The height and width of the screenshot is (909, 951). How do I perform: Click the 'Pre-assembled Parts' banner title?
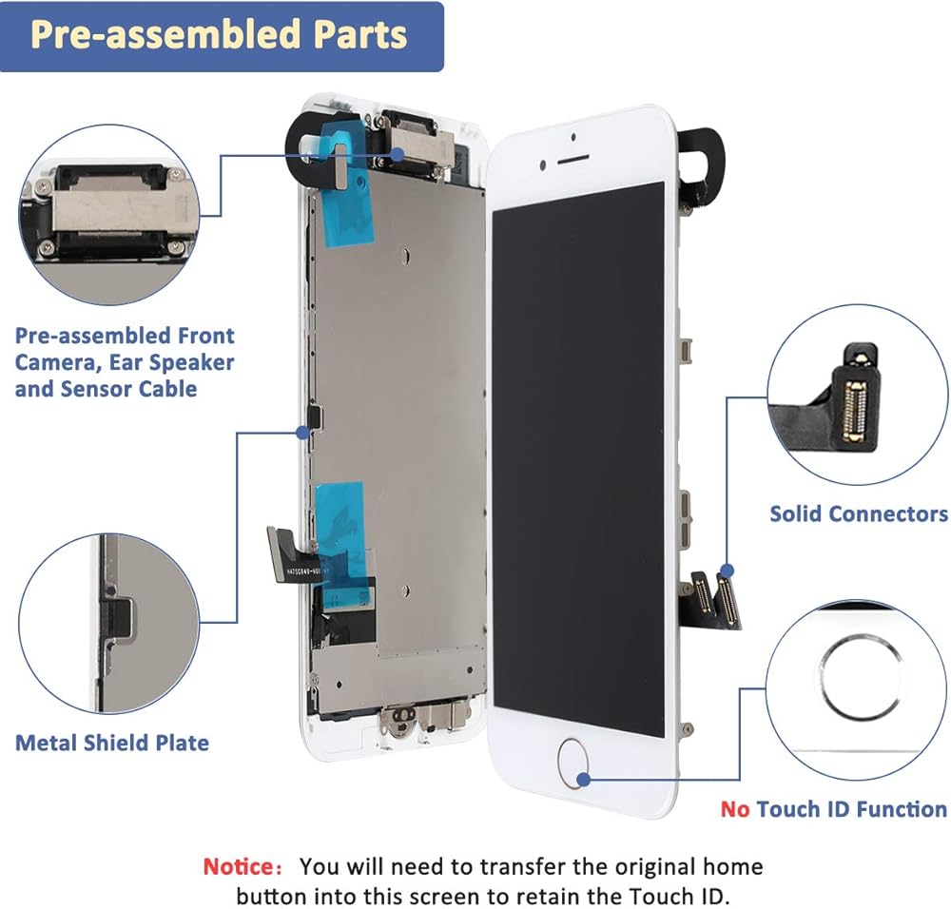point(219,34)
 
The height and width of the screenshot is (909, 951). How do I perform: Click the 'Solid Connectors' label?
point(859,513)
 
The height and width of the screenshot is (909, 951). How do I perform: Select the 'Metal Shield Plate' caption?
point(112,743)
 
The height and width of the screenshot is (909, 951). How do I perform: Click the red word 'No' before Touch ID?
point(735,809)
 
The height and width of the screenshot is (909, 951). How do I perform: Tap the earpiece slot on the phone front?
point(573,159)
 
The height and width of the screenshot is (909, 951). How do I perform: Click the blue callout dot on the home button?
point(584,780)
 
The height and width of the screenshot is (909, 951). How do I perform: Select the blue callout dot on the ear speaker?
point(398,155)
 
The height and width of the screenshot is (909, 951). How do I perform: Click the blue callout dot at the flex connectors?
point(728,571)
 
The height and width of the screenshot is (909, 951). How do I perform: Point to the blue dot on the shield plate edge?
point(302,433)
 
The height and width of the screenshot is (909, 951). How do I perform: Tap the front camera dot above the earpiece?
point(573,137)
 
